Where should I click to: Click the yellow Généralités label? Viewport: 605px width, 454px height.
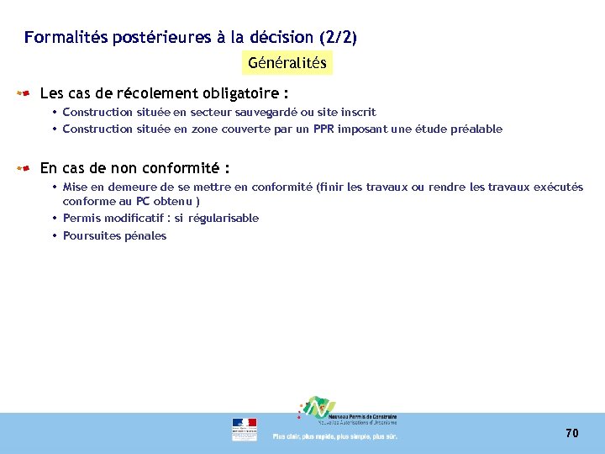pos(287,63)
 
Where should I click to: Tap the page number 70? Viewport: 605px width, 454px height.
pos(572,433)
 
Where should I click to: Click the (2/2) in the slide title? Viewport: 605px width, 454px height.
pos(338,37)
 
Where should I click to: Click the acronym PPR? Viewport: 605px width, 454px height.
pos(324,129)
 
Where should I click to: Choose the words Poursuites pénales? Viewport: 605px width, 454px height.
pos(114,235)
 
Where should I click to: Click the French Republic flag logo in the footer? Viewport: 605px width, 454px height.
pos(245,429)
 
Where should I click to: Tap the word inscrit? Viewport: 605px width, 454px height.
pos(359,112)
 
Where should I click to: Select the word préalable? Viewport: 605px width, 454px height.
pos(476,129)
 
